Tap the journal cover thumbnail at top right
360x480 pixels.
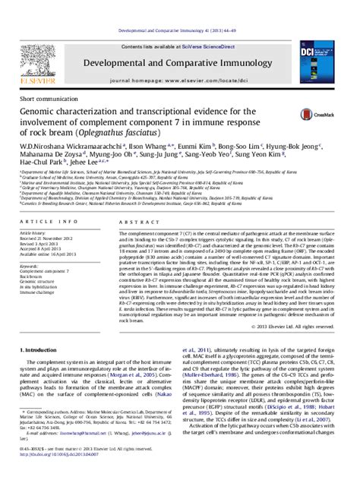[x=323, y=65]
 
